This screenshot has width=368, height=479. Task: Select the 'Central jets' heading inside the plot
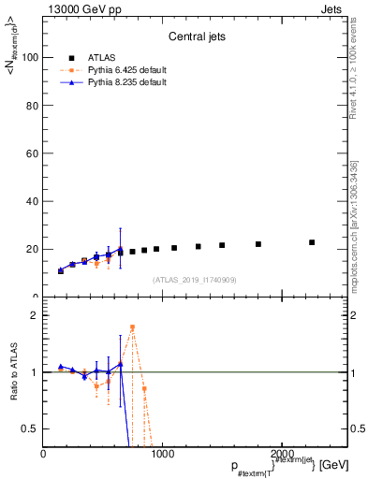[x=195, y=38]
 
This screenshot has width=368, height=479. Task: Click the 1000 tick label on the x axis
[x=163, y=454]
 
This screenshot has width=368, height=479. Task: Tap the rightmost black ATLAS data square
[x=312, y=242]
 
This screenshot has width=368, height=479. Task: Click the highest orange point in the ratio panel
[x=132, y=327]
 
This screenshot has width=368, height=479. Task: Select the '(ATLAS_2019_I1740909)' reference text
[x=194, y=280]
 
